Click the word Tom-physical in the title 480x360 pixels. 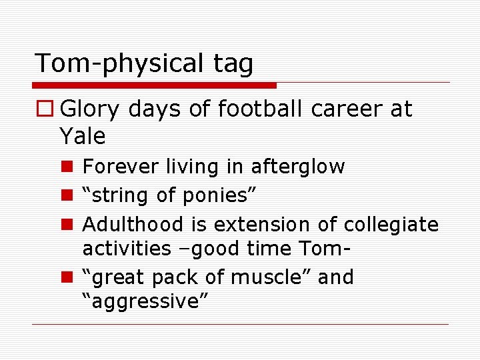[117, 64]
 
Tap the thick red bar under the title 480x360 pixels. [154, 85]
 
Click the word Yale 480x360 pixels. [83, 136]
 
